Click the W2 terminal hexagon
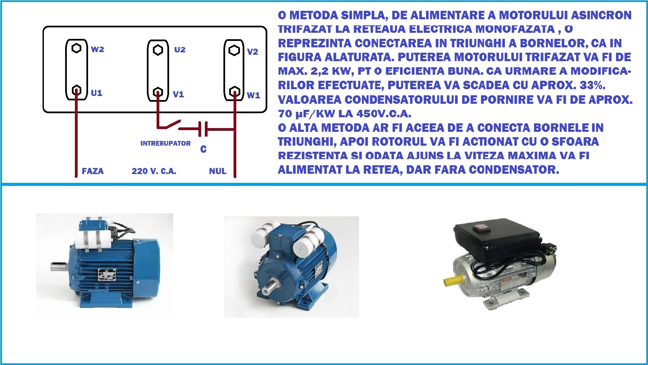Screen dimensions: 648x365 coord(77,48)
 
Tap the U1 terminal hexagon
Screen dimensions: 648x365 coord(77,90)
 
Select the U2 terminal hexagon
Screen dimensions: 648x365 coord(158,50)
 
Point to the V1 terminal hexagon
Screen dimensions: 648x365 coord(158,92)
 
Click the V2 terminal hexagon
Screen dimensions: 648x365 coord(234,50)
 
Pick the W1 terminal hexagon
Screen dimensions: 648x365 coord(235,92)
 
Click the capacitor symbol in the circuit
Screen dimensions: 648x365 coord(203,129)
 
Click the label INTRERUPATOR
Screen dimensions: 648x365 coord(165,143)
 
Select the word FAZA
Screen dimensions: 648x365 coord(93,171)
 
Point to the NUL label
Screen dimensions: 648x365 coord(218,171)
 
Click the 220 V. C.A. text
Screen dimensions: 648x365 coord(154,171)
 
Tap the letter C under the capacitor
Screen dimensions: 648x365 coord(203,149)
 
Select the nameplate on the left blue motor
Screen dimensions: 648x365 coord(107,274)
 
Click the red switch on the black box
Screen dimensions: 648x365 coord(480,229)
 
